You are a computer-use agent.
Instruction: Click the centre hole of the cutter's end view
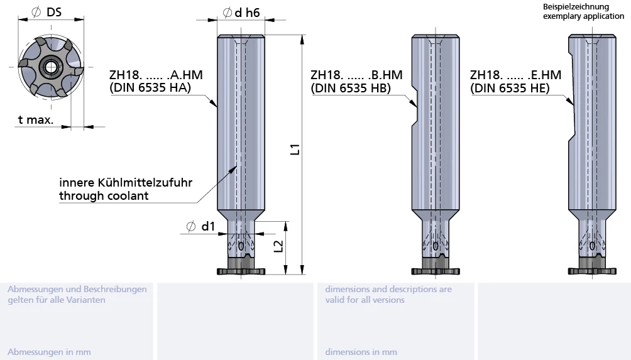tap(51, 67)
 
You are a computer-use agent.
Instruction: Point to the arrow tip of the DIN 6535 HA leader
tap(217, 107)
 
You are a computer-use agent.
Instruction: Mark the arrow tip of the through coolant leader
tap(236, 166)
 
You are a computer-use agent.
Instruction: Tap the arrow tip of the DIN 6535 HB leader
tap(417, 107)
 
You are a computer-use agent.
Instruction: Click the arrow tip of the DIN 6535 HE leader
tap(573, 106)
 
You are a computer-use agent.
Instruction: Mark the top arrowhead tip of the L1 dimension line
tap(303, 35)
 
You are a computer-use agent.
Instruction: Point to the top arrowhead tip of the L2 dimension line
tap(286, 222)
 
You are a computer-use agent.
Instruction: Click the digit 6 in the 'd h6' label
tap(256, 13)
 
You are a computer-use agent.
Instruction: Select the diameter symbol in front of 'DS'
tap(36, 12)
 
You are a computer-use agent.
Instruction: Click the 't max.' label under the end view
tap(36, 119)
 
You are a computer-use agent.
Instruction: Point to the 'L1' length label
tap(295, 150)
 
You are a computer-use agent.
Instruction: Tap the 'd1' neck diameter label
tap(208, 226)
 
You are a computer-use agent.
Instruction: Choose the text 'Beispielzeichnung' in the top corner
tap(576, 6)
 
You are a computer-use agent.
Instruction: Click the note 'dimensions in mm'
tap(361, 352)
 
